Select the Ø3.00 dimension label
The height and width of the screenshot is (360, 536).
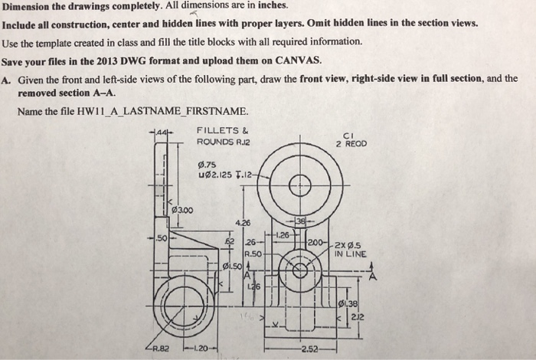[180, 210]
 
